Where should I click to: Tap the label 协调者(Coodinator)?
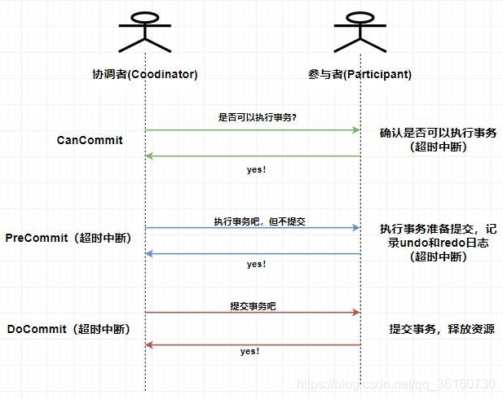[x=145, y=74]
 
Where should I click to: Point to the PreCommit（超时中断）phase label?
[x=68, y=238]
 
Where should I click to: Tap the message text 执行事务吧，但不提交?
[x=259, y=221]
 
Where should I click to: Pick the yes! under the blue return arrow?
[x=256, y=265]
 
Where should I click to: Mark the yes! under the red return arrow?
[x=249, y=351]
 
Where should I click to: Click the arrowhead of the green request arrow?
[x=355, y=130]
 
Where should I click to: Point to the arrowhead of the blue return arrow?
[x=150, y=253]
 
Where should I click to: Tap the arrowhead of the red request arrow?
[x=355, y=313]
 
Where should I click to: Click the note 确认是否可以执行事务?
[x=439, y=133]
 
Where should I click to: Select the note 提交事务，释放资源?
[x=441, y=329]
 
